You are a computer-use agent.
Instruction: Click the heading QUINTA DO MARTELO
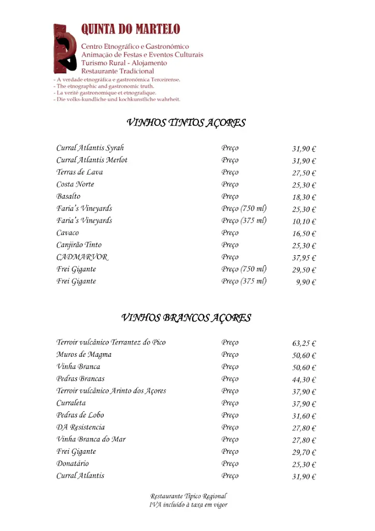[131, 30]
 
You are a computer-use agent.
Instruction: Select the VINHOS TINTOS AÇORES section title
[186, 123]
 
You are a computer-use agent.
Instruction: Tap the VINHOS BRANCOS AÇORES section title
[186, 318]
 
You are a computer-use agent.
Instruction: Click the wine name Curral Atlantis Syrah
[90, 148]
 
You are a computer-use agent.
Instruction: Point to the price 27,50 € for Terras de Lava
[304, 173]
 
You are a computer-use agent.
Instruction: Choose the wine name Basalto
[68, 197]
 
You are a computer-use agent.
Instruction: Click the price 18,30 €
[304, 198]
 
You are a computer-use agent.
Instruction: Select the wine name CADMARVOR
[82, 257]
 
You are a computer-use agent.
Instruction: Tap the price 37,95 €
[304, 258]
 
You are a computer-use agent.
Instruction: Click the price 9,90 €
[306, 283]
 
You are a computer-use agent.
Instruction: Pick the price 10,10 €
[304, 222]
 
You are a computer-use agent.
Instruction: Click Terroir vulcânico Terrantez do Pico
[111, 343]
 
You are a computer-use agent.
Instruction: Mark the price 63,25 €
[304, 343]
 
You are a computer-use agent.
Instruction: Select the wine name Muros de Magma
[84, 355]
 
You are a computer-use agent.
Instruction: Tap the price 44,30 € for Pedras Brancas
[304, 380]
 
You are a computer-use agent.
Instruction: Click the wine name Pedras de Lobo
[80, 415]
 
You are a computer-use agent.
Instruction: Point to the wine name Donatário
[73, 464]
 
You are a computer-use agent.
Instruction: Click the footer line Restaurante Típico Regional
[189, 496]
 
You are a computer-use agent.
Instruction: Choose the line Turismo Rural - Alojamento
[124, 63]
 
